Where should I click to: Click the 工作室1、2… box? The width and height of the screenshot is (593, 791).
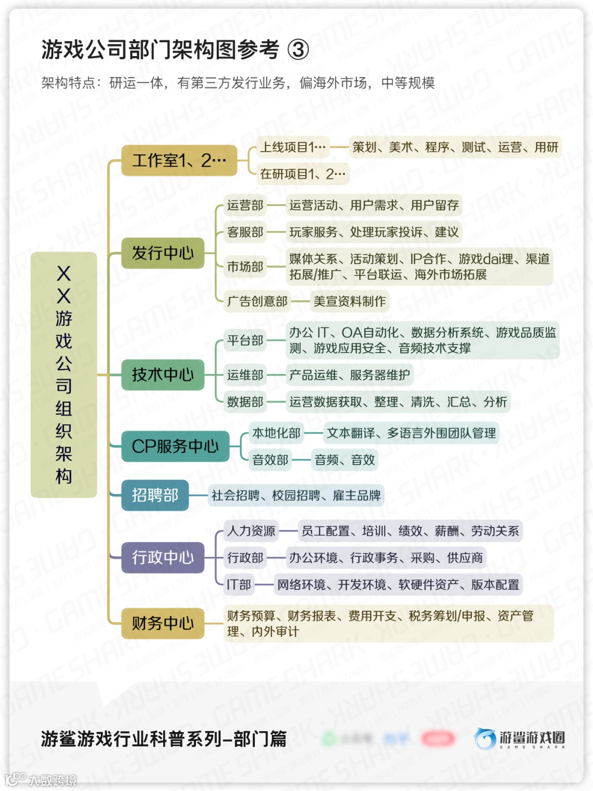tap(179, 161)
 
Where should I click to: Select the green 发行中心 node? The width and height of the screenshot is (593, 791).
tap(163, 253)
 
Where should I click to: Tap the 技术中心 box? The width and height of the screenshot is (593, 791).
tap(163, 375)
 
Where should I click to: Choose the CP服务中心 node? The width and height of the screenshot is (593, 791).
tap(175, 446)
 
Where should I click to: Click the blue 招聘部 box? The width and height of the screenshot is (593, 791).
tap(155, 495)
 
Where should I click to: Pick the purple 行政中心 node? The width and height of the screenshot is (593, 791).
tap(163, 557)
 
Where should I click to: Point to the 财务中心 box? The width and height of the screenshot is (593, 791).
tap(163, 623)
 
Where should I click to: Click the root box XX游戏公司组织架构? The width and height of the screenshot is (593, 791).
tap(64, 375)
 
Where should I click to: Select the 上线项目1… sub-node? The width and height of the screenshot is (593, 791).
tap(293, 147)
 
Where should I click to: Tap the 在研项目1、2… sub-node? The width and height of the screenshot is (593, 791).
tap(303, 174)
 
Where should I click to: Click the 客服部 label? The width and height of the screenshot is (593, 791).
tap(245, 232)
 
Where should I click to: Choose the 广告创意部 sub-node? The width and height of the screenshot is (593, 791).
tap(258, 301)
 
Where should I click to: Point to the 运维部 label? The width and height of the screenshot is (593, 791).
tap(245, 375)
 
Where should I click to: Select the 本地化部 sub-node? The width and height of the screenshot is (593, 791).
tap(276, 433)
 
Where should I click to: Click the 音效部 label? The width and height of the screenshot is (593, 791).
tap(270, 460)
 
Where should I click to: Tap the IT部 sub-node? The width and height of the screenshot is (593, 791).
tap(239, 584)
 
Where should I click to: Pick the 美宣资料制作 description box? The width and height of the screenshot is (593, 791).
tap(350, 301)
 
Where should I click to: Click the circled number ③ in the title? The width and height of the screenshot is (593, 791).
tap(298, 50)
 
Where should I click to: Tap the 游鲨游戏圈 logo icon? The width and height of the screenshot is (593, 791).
tap(485, 739)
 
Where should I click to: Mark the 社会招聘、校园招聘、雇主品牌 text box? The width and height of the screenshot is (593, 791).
tap(296, 495)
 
